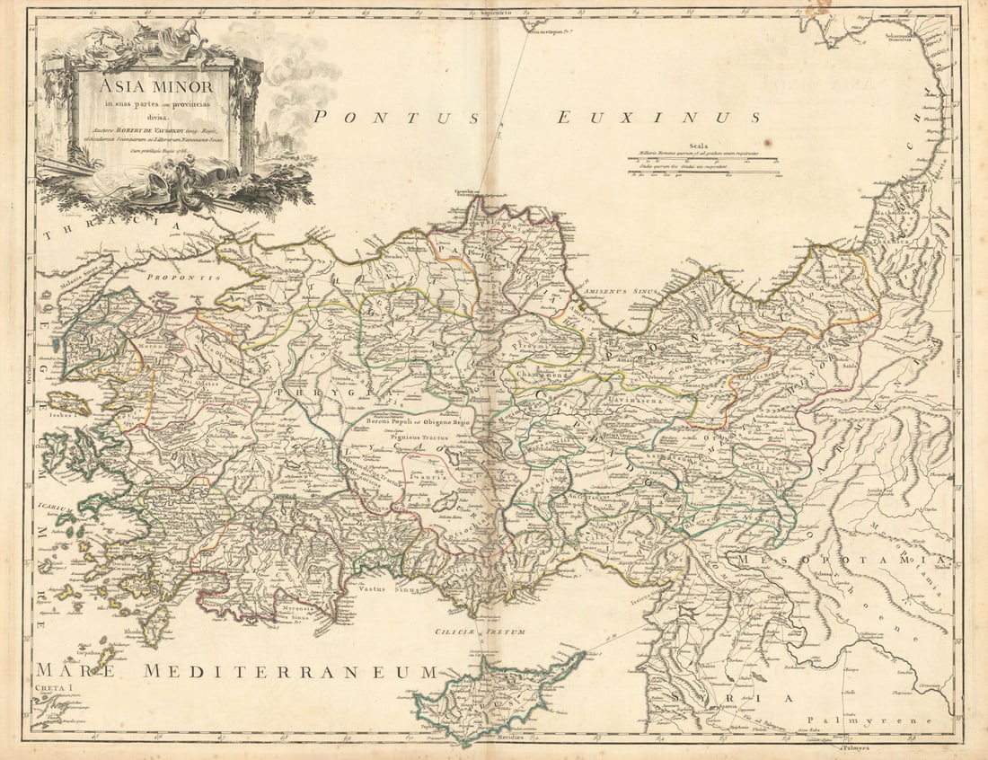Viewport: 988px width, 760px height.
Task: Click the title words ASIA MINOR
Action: coord(155,88)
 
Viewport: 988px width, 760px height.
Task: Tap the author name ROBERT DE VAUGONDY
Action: coord(157,130)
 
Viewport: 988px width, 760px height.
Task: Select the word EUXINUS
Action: coord(658,117)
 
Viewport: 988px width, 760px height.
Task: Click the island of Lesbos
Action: coord(68,403)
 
